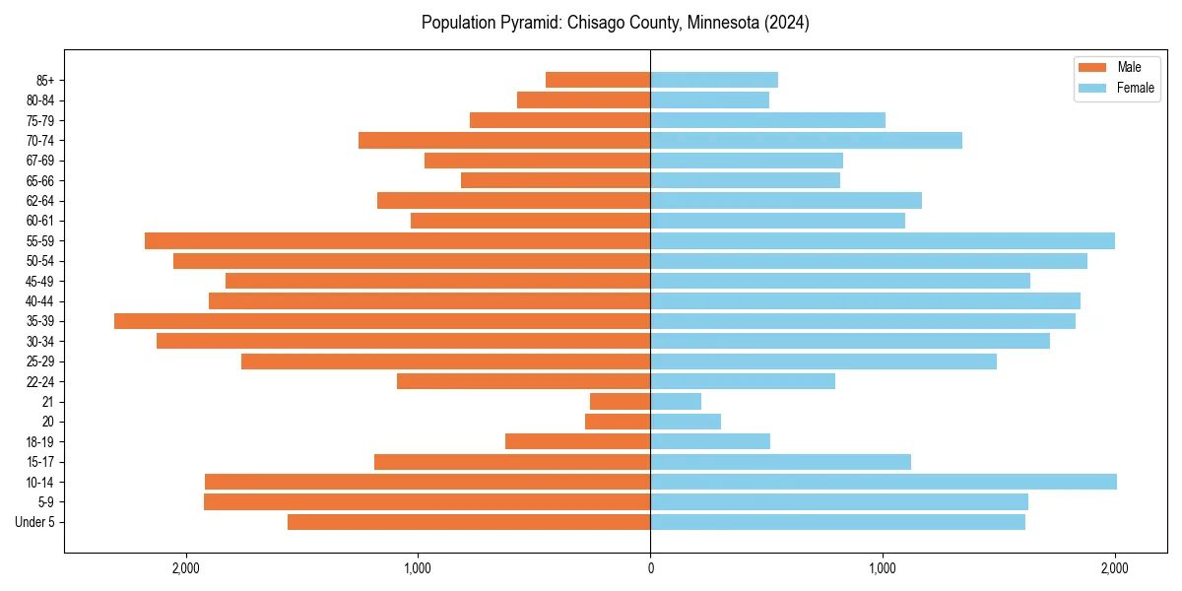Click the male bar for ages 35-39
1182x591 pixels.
(382, 321)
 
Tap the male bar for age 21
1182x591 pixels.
(620, 402)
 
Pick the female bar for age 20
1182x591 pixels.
(686, 422)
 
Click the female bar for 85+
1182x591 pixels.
(714, 80)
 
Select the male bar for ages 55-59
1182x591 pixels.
(397, 241)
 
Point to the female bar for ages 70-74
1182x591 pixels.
(806, 141)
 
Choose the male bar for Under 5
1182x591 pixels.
(469, 522)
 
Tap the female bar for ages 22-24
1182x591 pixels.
(743, 381)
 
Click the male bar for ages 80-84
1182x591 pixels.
(583, 100)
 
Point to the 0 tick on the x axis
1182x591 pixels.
(650, 567)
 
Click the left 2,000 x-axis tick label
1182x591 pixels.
(185, 567)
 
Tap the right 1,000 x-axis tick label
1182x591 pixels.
(883, 567)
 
